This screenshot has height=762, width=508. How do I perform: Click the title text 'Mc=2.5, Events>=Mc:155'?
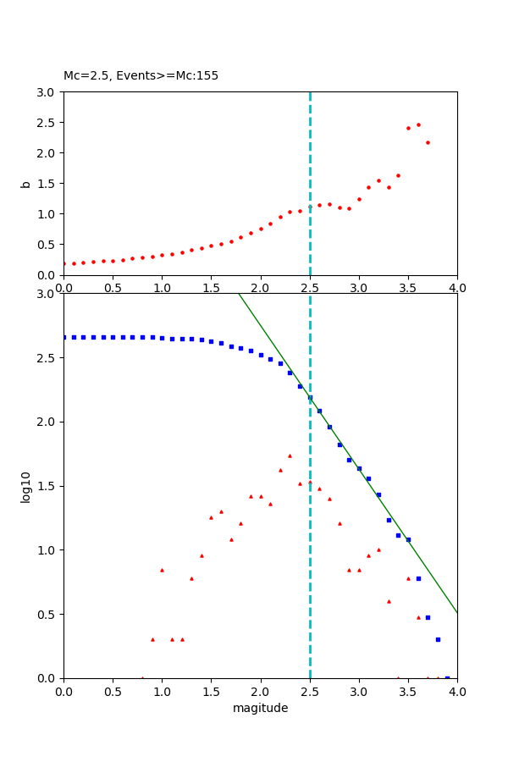tap(141, 75)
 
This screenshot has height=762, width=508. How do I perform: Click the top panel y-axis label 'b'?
tap(26, 183)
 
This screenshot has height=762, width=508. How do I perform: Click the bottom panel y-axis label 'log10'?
tap(26, 486)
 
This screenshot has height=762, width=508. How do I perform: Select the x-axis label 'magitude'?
tap(260, 708)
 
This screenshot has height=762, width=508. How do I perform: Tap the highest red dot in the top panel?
tap(418, 124)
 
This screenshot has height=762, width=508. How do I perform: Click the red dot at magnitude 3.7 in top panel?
tap(428, 142)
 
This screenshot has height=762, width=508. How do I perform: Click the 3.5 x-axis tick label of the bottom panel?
tap(408, 691)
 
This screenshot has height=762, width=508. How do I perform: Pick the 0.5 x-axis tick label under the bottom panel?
tap(113, 691)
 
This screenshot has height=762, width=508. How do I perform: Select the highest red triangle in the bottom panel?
tap(290, 456)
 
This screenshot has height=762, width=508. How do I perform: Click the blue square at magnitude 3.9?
tap(447, 677)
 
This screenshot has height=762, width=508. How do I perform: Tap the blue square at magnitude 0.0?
tap(64, 337)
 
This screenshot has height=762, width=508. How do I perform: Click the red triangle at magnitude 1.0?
tap(162, 570)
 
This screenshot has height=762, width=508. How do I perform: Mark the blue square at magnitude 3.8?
tap(438, 639)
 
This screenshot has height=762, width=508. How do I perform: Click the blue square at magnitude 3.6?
tap(418, 578)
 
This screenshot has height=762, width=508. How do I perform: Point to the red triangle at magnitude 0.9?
tap(152, 639)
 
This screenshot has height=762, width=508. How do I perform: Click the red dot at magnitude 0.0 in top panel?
tap(64, 263)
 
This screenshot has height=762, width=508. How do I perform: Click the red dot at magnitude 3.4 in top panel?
tap(398, 175)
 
